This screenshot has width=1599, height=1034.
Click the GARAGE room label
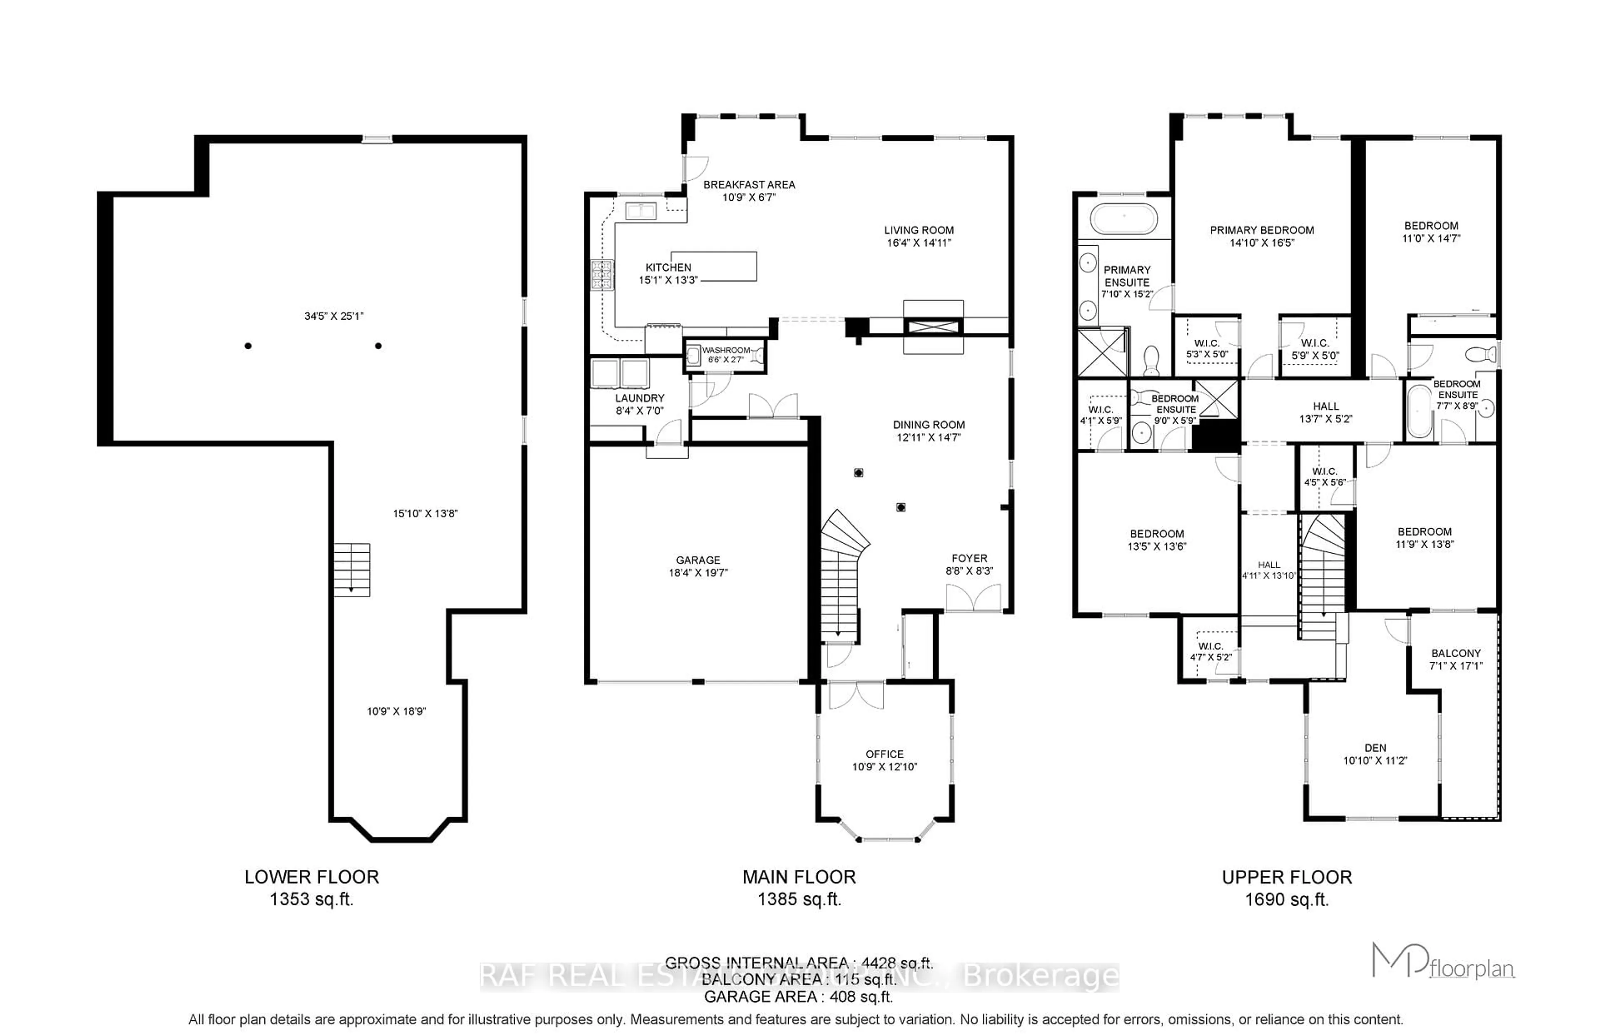(698, 560)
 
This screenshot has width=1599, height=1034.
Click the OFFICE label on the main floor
(884, 754)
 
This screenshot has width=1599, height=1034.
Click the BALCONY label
(1455, 653)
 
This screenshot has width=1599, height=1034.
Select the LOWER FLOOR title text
(311, 877)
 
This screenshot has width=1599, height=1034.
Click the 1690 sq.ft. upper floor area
(1287, 900)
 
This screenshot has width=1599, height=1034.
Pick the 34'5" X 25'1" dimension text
(334, 316)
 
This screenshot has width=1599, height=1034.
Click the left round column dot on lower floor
(249, 346)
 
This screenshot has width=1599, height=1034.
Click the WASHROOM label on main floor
(725, 350)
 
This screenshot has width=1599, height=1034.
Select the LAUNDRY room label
(639, 398)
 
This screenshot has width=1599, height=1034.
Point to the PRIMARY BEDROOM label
(1262, 230)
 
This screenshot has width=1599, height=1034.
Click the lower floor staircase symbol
(352, 569)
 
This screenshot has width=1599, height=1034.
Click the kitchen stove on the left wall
(603, 275)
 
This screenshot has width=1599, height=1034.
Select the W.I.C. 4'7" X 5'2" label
(1210, 651)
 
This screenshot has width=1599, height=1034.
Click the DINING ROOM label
(929, 424)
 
